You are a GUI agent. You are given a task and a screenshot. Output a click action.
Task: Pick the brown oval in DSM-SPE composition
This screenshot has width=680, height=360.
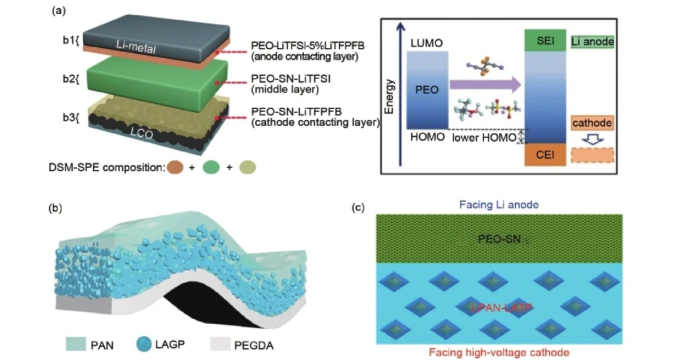pos(176,168)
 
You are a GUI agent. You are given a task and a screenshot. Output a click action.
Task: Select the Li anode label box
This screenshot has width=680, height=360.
pos(593,41)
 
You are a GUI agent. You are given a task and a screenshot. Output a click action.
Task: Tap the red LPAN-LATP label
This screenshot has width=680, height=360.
pos(499,307)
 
